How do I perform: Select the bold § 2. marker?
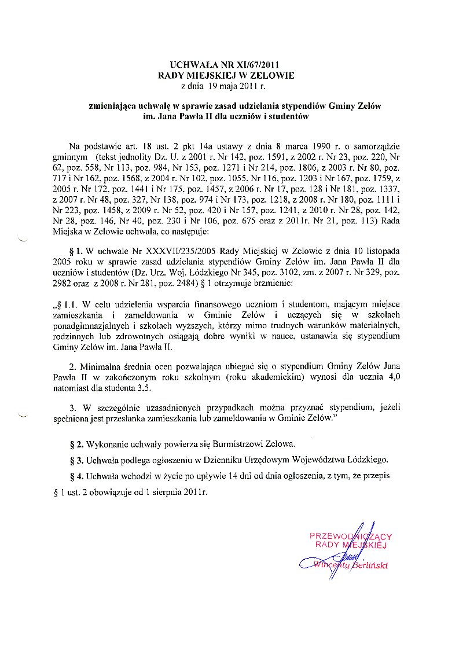click(77, 445)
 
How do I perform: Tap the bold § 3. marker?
click(77, 461)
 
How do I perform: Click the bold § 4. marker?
click(77, 476)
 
